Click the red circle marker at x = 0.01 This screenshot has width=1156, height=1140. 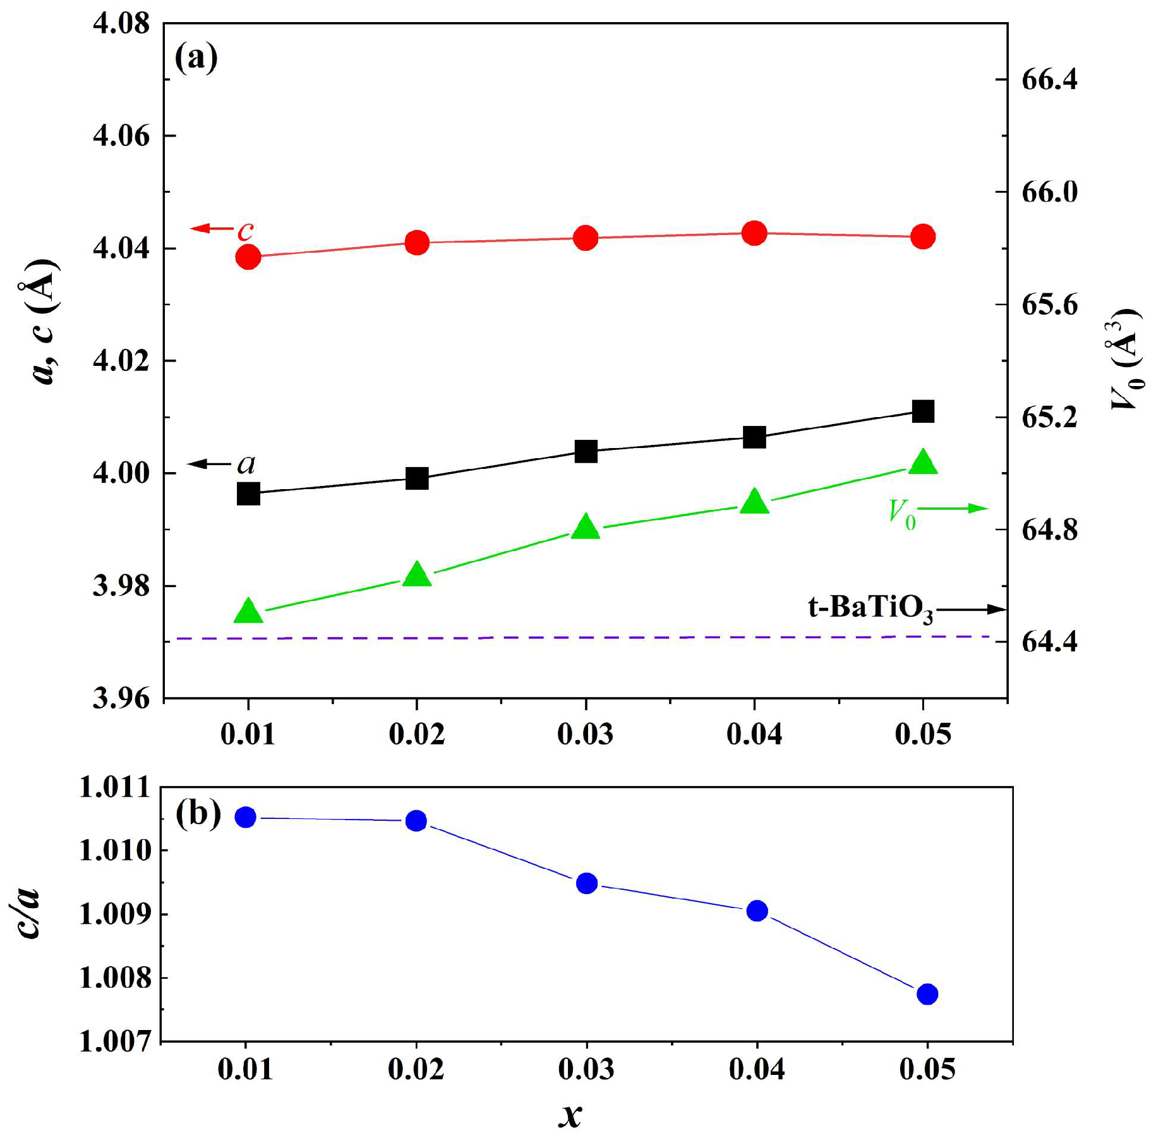click(x=248, y=257)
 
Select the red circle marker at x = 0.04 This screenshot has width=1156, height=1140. click(x=754, y=233)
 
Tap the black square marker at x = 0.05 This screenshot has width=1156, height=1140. click(x=923, y=411)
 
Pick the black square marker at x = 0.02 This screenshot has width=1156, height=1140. click(x=417, y=478)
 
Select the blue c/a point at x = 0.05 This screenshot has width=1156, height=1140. click(x=927, y=994)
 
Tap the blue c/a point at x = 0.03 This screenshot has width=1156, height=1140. click(x=587, y=883)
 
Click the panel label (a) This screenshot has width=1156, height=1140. click(x=196, y=58)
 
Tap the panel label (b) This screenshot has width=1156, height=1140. click(x=198, y=813)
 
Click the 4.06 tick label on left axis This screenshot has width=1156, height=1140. click(x=121, y=136)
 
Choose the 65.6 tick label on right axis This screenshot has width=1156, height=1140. click(x=1049, y=305)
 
